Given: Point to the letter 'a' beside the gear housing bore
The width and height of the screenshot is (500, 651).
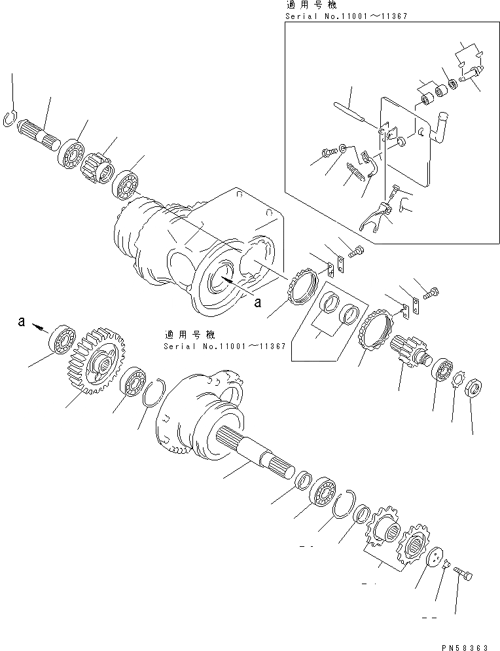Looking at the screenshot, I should [x=257, y=302].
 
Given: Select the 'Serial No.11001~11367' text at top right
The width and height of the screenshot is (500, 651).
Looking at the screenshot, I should [x=346, y=15].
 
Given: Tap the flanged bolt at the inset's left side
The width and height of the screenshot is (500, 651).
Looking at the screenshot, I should [x=327, y=154].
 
